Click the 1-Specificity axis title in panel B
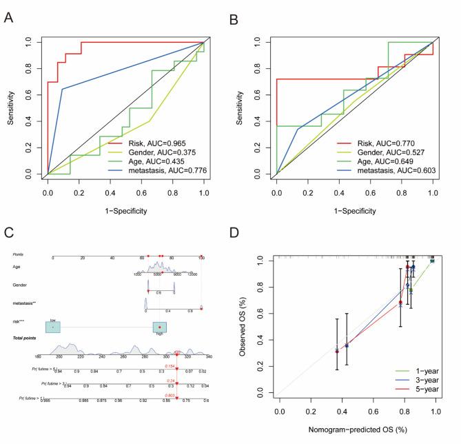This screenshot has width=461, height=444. pyautogui.click(x=354, y=210)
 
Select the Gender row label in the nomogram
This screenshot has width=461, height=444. pyautogui.click(x=21, y=283)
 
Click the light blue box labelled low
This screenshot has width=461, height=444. pyautogui.click(x=52, y=327)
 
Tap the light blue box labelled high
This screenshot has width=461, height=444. pyautogui.click(x=160, y=327)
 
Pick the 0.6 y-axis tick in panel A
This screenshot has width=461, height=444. pyautogui.click(x=28, y=94)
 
